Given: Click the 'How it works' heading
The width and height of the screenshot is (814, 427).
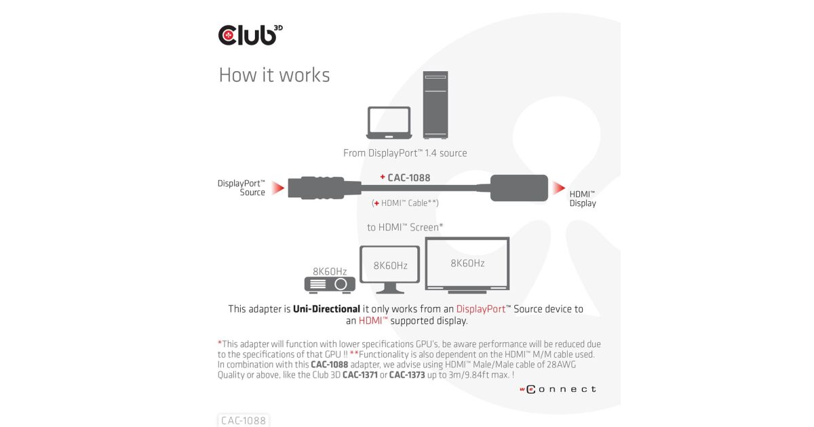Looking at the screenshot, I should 274,75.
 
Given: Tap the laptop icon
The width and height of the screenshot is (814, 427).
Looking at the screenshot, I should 389,123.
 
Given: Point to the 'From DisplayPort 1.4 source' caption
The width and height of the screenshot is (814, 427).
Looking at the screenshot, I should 405,153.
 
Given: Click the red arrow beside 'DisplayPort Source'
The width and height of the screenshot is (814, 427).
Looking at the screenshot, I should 277,188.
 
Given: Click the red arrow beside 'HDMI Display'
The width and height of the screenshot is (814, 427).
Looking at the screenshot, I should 558,188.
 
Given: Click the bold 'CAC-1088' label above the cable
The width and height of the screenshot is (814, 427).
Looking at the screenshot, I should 408,178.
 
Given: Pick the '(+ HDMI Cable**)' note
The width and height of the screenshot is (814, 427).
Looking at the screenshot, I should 406,203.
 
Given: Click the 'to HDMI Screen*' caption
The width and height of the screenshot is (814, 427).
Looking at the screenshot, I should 405,228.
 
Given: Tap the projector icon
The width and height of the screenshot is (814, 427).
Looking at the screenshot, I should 330,285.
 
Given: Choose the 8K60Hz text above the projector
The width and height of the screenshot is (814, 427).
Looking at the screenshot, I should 330,271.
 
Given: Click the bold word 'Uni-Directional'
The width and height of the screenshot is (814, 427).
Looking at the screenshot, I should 326,309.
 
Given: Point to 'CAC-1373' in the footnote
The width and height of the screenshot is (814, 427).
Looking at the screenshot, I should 407,375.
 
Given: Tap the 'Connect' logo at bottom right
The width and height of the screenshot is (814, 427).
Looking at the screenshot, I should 558,389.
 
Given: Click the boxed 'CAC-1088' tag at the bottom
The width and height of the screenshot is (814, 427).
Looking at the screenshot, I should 244,421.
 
